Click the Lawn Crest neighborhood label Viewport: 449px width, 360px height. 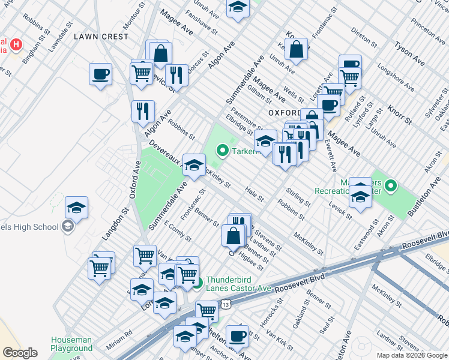[x=101, y=37]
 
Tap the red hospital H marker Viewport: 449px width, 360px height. [x=16, y=44]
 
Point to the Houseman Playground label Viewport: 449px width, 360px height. [x=72, y=344]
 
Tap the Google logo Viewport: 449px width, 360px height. [x=20, y=353]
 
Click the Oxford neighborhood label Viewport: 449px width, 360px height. [x=284, y=113]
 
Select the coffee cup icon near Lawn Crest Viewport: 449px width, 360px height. [x=101, y=75]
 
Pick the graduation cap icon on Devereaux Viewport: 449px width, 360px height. [x=194, y=165]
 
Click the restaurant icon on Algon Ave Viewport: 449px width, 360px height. [x=143, y=111]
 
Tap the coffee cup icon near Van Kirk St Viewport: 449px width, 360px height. [x=237, y=336]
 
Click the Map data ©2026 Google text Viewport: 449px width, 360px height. [x=411, y=355]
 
